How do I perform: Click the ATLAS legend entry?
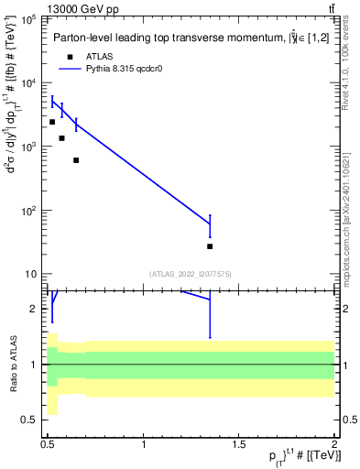(x=98, y=56)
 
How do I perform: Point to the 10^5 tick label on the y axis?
(x=29, y=19)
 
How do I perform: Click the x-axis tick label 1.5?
(x=239, y=444)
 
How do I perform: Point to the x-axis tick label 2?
(x=334, y=444)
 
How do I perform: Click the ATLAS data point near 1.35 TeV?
(x=210, y=246)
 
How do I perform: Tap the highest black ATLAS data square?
(x=52, y=122)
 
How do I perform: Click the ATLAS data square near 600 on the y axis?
(x=76, y=160)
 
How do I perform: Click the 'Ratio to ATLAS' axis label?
(x=12, y=364)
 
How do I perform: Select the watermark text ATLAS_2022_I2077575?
(x=191, y=273)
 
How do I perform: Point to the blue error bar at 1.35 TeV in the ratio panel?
(x=210, y=316)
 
